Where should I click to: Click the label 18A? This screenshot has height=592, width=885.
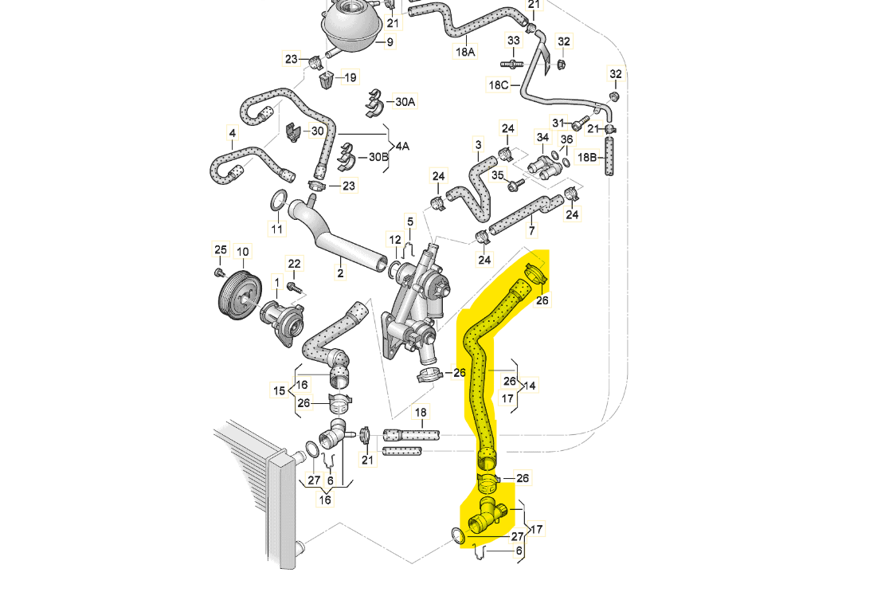pos(465,53)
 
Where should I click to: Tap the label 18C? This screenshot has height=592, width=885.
pos(499,84)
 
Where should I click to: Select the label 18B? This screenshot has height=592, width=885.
pos(587,157)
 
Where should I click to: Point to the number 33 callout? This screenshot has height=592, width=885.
pos(514,41)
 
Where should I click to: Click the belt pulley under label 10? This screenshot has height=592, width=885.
pos(239,292)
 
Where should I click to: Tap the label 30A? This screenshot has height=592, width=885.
pos(405,102)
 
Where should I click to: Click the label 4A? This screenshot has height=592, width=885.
pos(402,147)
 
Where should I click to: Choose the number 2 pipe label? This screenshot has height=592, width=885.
pos(340,274)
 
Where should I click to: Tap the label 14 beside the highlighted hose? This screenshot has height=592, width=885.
pos(530,386)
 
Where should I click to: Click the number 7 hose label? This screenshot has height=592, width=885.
pos(531,231)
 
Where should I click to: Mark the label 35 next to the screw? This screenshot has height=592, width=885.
pos(497,175)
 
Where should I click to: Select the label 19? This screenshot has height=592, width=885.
pos(350,77)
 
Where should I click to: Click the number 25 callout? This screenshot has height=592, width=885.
pos(221,250)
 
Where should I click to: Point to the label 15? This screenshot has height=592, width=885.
pos(279,391)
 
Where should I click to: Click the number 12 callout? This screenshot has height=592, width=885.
pos(395,240)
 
